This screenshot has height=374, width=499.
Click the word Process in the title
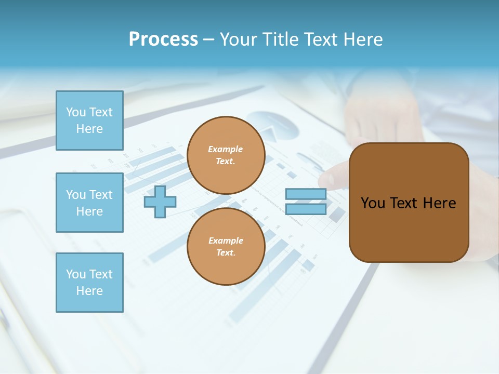[x=163, y=39]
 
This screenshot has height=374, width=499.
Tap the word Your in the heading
[x=238, y=39]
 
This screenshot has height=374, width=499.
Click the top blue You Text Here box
[x=89, y=121]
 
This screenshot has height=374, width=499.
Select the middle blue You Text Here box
[x=89, y=203]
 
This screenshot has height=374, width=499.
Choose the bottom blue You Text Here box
[x=89, y=282]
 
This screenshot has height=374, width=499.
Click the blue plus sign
[x=160, y=202]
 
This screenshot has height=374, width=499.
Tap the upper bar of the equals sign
[x=306, y=194]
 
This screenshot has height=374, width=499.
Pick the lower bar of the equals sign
[x=306, y=209]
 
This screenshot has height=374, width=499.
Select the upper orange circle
[x=226, y=155]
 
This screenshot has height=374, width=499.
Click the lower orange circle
[x=226, y=246]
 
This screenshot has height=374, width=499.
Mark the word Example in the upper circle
[x=226, y=149]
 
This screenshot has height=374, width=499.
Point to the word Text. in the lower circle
[x=226, y=252]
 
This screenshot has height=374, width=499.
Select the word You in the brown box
[x=373, y=203]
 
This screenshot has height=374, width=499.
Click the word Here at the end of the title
[x=364, y=39]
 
